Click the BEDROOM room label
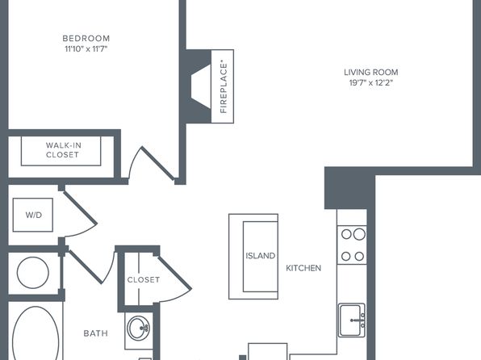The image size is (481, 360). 86,39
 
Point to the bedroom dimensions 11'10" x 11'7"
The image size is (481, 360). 86,48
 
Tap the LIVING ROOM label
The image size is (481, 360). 371,73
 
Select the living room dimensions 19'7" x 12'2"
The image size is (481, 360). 371,82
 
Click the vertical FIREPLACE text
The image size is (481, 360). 224,87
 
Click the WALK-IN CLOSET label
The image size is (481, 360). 63,150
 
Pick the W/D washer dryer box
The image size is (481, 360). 33,215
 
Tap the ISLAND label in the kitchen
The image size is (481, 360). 260,256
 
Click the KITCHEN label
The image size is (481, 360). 303,268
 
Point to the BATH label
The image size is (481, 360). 96,333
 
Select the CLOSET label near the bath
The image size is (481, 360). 144,279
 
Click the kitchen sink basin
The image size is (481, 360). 352,320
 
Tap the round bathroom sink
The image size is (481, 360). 139,328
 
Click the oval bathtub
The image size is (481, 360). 36,334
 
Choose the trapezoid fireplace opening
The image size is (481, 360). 201,86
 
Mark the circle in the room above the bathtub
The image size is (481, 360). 33,273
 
